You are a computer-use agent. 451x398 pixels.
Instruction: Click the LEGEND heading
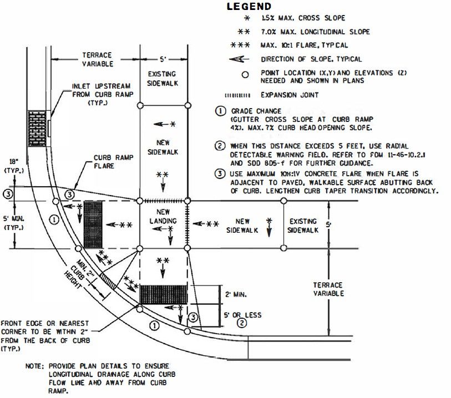249,7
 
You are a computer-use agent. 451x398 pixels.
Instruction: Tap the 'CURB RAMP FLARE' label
109,161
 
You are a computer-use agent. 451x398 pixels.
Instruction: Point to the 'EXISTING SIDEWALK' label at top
163,78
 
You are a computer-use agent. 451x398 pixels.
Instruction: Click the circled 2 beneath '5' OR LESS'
241,324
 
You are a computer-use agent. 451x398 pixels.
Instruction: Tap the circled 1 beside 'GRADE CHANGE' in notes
220,110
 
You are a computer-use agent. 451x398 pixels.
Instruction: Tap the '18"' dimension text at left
10,164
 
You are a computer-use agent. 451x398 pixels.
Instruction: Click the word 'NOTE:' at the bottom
36,366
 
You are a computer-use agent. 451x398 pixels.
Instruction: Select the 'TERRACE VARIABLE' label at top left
97,59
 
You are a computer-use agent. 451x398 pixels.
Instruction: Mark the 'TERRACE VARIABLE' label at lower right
328,289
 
